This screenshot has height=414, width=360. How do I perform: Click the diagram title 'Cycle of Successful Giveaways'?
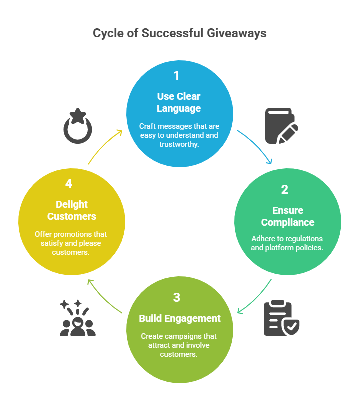[180, 33]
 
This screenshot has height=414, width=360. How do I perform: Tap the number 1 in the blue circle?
[176, 76]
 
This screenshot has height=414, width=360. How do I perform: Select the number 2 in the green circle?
[285, 190]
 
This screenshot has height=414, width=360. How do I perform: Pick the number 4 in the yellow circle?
[69, 184]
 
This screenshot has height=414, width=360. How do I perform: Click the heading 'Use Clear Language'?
[178, 102]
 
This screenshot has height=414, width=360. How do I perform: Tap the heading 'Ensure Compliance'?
[288, 216]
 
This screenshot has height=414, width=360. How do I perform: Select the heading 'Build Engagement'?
[179, 318]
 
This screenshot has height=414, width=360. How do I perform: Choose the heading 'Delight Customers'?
[71, 210]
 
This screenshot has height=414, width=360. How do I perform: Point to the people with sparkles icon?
[77, 318]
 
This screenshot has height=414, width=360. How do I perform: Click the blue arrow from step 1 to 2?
[256, 147]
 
